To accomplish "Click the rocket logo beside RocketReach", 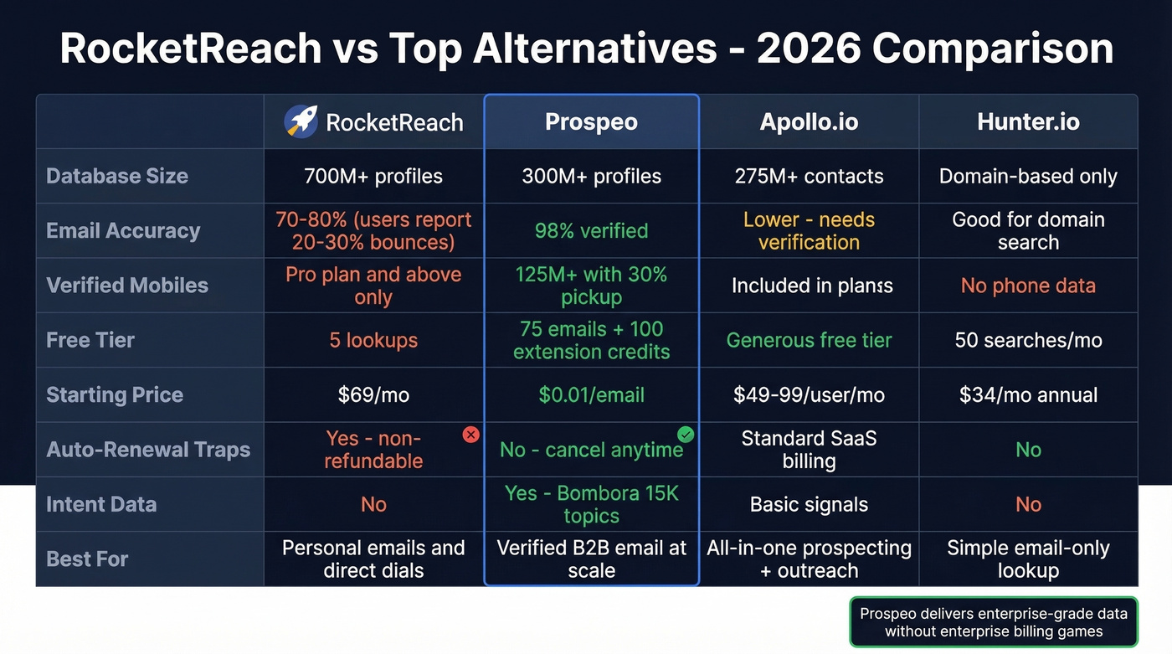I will [301, 121].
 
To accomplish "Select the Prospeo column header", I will [591, 122].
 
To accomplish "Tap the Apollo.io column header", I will [809, 122].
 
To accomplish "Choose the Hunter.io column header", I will [1028, 122].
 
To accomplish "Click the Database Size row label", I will [117, 177].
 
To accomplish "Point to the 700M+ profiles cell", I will [373, 177].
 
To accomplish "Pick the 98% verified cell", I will [591, 231].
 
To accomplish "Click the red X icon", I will [471, 435].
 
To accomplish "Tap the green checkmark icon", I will [686, 434].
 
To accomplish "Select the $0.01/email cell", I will [591, 395].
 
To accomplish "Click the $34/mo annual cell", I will [1028, 395].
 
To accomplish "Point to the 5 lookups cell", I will [373, 341].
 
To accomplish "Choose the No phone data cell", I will [1028, 286].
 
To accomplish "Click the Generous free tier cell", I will [809, 341].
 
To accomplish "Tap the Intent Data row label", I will [101, 504].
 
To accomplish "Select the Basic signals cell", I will [809, 504].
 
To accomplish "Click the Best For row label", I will [87, 559].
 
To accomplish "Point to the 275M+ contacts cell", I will [809, 177].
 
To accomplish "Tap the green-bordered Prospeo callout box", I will [994, 622].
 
